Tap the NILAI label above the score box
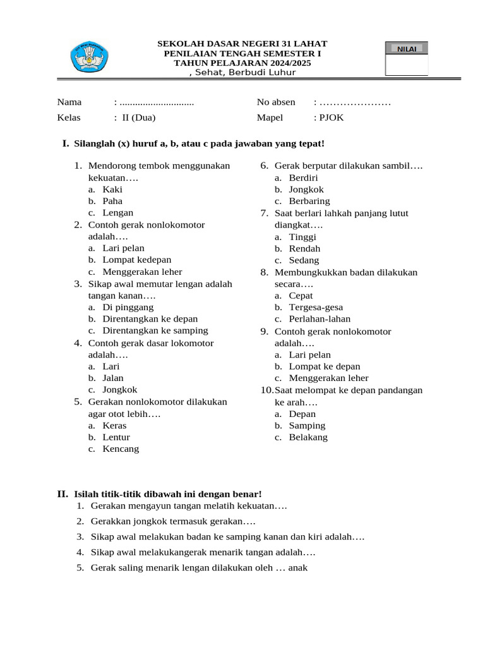click(x=406, y=49)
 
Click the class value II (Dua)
click(x=138, y=118)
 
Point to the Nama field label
click(x=69, y=102)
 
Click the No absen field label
click(x=276, y=102)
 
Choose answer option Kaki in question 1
click(x=112, y=190)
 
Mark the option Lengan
click(x=117, y=213)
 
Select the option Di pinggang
click(x=128, y=307)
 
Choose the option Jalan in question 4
click(x=113, y=378)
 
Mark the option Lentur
click(x=116, y=437)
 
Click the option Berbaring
click(x=309, y=201)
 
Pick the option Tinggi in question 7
click(x=302, y=237)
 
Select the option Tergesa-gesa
click(x=316, y=307)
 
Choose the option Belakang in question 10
click(x=308, y=437)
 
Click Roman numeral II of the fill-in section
click(x=63, y=493)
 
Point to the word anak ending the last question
click(x=297, y=567)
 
